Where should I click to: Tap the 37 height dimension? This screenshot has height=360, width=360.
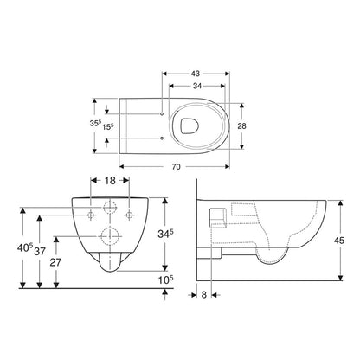[x=39, y=248]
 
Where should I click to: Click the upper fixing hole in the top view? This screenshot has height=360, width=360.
[x=163, y=113]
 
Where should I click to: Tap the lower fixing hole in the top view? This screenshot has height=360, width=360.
[x=163, y=138]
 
